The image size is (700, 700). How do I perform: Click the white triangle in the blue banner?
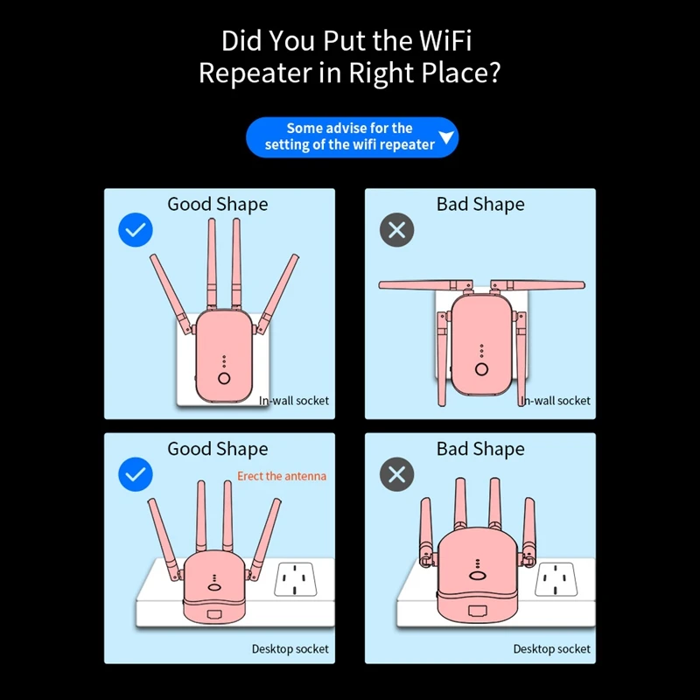click(446, 138)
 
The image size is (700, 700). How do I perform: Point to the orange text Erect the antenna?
click(282, 476)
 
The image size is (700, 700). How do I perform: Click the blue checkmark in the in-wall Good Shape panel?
click(136, 230)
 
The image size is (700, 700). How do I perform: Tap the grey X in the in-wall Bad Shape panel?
click(396, 230)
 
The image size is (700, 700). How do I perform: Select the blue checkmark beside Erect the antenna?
click(136, 475)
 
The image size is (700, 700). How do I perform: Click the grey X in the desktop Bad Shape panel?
click(396, 475)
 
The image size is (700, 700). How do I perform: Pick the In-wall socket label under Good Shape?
click(294, 401)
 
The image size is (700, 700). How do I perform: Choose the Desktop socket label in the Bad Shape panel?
click(552, 648)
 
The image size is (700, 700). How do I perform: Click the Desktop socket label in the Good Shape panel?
click(290, 648)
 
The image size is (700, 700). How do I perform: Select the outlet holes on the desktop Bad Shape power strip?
click(556, 578)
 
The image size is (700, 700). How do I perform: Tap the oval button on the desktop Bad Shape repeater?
click(477, 575)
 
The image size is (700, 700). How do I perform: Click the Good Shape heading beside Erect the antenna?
click(218, 449)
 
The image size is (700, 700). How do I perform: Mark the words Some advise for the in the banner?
click(350, 129)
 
